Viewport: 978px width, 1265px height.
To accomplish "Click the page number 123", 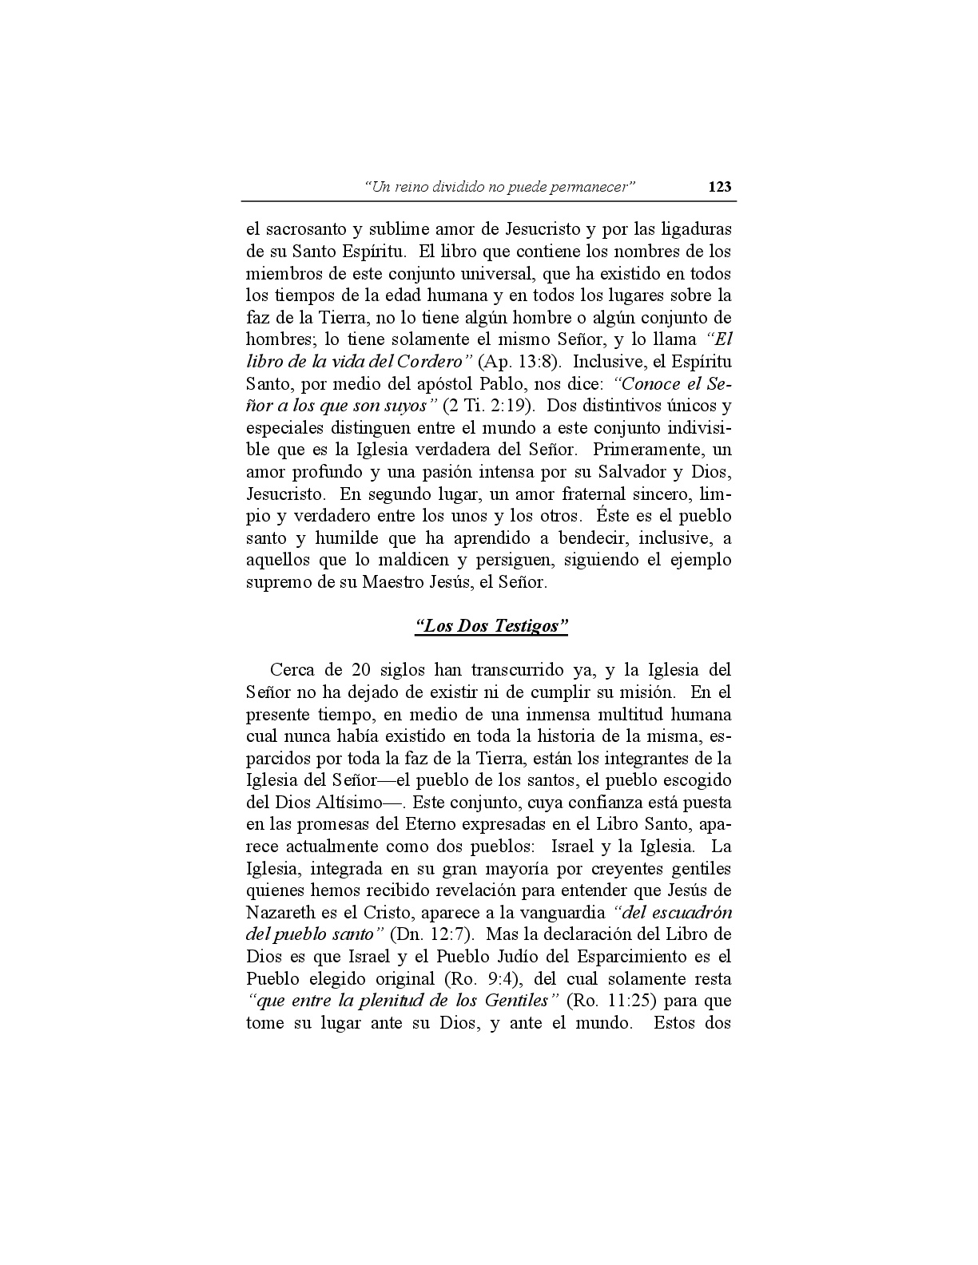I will tap(719, 187).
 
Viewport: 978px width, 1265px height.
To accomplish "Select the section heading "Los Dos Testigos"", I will tap(491, 625).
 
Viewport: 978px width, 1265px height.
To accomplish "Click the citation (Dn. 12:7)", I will tap(435, 934).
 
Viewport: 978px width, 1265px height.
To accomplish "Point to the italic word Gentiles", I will tap(519, 1001).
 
